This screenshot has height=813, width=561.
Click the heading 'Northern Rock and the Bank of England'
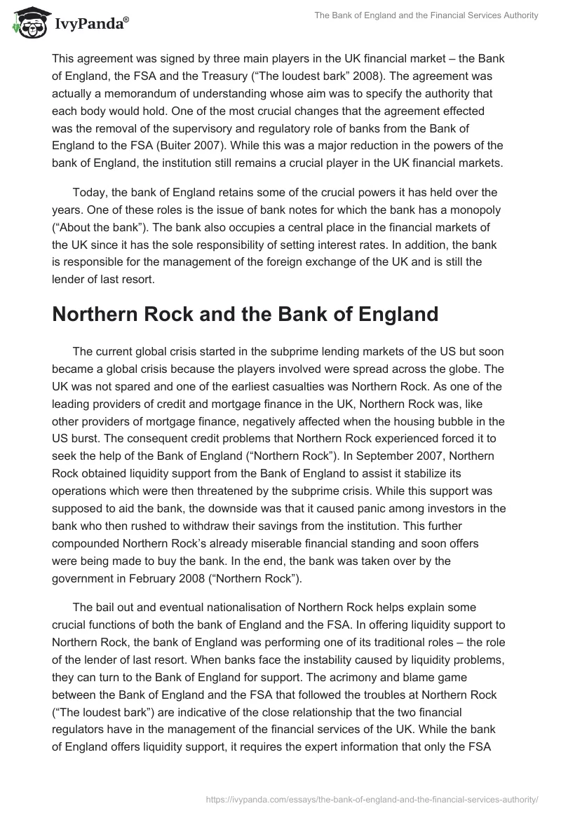245,315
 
